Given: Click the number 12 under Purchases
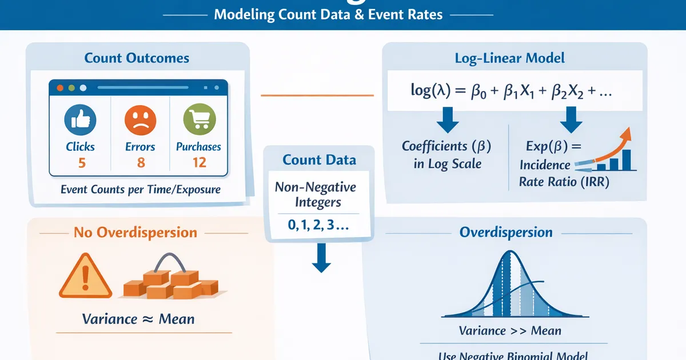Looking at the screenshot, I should (198, 162).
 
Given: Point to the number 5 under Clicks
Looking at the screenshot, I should (81, 162).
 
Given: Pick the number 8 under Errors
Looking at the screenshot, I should (141, 162).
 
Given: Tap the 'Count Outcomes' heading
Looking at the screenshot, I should (137, 58).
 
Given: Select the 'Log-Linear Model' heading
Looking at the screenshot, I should (509, 58).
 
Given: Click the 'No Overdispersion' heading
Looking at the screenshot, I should (135, 233).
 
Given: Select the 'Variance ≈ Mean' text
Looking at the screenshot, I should (138, 318).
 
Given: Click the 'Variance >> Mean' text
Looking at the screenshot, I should (510, 330).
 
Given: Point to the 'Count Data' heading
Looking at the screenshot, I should (319, 159).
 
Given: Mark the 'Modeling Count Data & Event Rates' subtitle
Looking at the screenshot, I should (328, 14).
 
